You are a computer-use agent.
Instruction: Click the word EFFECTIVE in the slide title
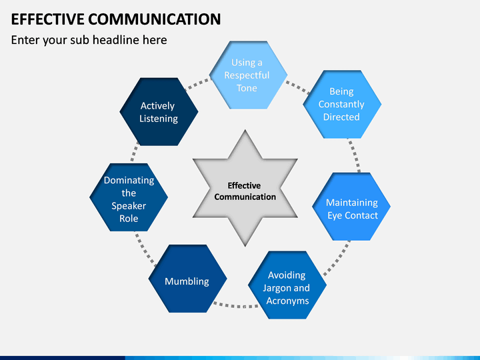point(47,19)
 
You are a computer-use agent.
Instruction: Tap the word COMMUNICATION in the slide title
point(155,19)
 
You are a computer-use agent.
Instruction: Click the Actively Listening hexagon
point(159,112)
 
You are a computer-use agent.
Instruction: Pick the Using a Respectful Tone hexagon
point(248,75)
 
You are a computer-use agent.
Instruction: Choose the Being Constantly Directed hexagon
point(342,105)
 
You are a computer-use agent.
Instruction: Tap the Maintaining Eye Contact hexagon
point(351,207)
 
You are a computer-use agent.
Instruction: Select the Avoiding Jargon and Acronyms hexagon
point(287,285)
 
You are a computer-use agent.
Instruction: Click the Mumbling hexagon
point(187,279)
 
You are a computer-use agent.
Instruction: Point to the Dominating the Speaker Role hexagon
point(129,197)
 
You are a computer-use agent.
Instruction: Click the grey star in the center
point(245,188)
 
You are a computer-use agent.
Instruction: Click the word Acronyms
point(287,301)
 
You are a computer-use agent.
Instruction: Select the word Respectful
point(247,75)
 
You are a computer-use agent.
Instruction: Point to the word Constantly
point(341,105)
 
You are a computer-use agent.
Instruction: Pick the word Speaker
point(129,206)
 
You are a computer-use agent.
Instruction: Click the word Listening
point(159,119)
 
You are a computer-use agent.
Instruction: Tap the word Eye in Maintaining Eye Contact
point(335,216)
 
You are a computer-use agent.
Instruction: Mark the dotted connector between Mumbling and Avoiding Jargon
point(236,305)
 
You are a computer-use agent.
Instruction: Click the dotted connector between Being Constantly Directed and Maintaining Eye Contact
point(355,155)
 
